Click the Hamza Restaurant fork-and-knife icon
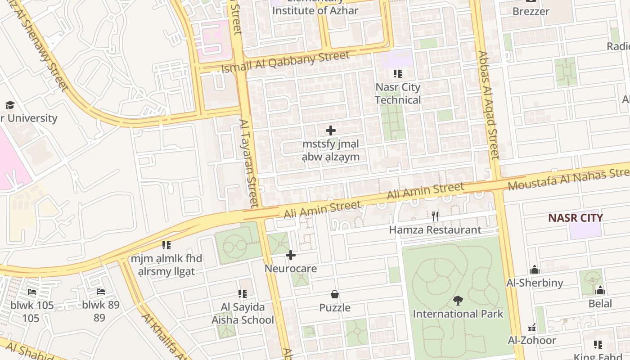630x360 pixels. pos(435,216)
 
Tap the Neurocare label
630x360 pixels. pos(291,269)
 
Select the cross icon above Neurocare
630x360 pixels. pos(291,256)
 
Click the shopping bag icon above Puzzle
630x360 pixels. pos(335,295)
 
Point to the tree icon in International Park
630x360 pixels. pos(458,300)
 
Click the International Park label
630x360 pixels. pos(458,314)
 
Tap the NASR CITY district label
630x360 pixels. pos(575,218)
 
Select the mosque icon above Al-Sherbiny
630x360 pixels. pos(535,270)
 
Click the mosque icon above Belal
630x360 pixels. pos(600,290)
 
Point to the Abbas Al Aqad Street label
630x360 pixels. pos(488,105)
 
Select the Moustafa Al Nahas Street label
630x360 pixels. pos(568,178)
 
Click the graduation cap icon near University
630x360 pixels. pos(10,105)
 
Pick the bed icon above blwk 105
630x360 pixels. pos(32,292)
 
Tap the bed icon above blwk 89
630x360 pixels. pos(101,292)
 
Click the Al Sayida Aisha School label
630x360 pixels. pos(243,314)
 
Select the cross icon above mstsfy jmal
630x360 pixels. pos(331,131)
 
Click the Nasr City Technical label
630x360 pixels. pos(398,94)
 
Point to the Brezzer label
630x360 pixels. pos(531,11)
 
